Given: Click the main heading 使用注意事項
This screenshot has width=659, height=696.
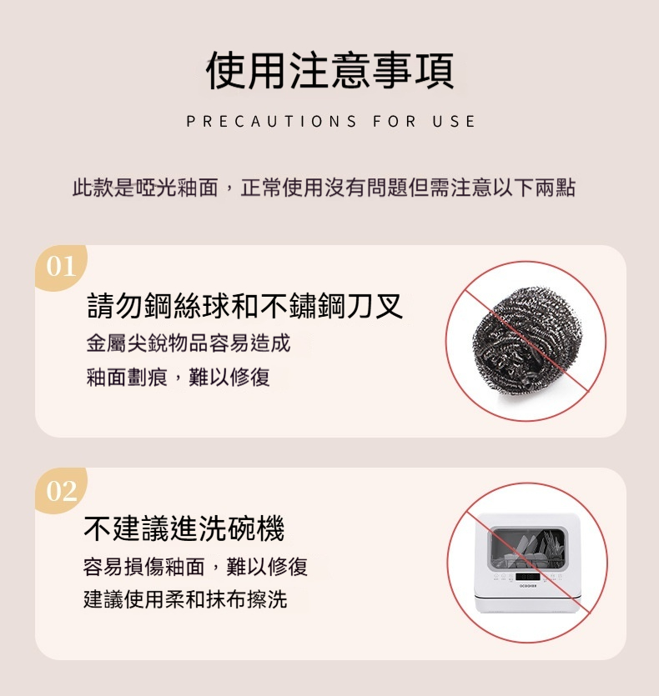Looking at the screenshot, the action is [x=329, y=70].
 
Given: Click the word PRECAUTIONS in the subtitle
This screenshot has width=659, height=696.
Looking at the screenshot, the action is [x=271, y=121].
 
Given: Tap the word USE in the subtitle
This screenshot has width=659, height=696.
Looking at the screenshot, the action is [x=454, y=121].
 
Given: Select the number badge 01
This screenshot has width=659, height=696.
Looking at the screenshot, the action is [x=61, y=267].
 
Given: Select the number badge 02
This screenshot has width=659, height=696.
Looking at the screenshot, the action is [x=61, y=490].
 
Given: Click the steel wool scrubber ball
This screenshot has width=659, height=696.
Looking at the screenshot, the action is [x=527, y=340].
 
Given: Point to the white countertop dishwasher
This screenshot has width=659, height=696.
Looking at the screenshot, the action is [x=527, y=563].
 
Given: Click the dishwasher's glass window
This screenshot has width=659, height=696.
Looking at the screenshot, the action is [x=527, y=548].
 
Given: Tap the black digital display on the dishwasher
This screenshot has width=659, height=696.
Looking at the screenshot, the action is [x=527, y=577].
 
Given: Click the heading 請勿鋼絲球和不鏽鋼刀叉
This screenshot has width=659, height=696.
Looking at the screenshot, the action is [x=245, y=306].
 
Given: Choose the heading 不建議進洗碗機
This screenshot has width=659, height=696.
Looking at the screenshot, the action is [x=184, y=528].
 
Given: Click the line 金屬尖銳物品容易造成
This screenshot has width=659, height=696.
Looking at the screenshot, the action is [x=189, y=343].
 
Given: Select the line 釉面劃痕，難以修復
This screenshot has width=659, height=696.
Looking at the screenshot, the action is [x=179, y=378].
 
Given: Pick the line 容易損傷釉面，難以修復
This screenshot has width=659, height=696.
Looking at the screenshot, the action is [x=195, y=567].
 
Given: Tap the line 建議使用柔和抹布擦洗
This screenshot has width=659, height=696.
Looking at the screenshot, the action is [x=185, y=599].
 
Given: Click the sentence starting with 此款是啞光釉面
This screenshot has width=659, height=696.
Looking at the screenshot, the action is [x=324, y=188].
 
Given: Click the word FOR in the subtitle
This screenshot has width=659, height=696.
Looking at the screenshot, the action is [x=395, y=121].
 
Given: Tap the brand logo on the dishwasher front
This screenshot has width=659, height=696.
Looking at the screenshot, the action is [x=528, y=586].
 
